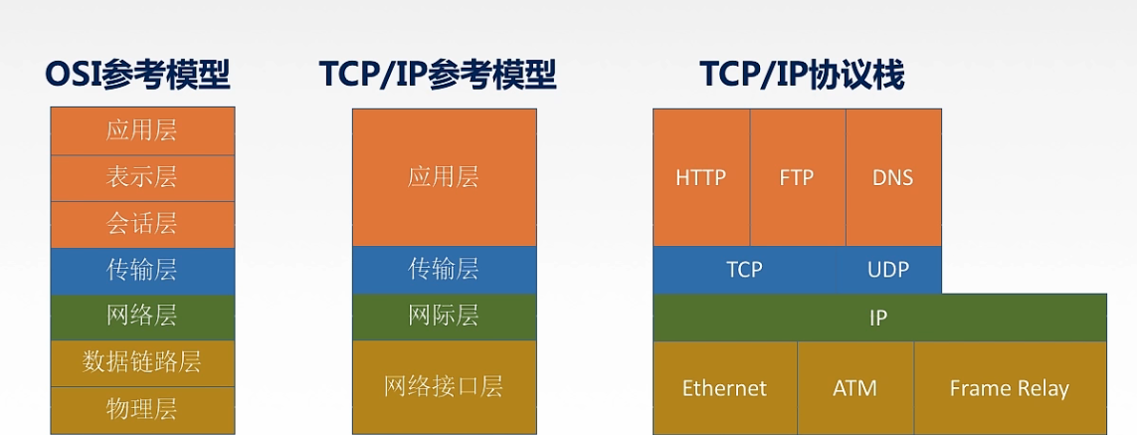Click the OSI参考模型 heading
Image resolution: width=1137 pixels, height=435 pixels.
pos(138,75)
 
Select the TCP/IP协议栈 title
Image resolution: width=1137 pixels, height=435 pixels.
pos(802,75)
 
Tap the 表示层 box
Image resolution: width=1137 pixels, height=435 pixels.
pos(142,178)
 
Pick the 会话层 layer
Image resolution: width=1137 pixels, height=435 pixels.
pos(142,224)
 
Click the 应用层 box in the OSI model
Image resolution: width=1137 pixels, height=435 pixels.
pos(142,130)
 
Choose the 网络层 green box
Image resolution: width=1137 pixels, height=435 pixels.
pos(142,318)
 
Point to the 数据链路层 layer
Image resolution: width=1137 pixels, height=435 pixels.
pos(142,363)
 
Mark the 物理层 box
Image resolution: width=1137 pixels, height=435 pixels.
pos(142,410)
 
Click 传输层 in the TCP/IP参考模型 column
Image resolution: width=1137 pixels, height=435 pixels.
pos(444,270)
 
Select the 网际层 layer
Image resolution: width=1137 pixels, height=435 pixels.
pos(444,318)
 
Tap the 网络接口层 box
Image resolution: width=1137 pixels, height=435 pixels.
pos(444,387)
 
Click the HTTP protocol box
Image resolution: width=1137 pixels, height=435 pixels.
pos(701,178)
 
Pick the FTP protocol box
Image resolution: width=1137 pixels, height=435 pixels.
pos(798,178)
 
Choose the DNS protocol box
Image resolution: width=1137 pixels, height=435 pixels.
pos(893,178)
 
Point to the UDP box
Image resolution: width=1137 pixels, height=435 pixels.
pos(888,270)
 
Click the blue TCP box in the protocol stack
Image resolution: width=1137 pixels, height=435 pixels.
pos(745,270)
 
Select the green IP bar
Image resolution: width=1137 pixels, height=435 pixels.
pos(879,318)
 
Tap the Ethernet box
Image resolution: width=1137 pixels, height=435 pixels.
pos(725,388)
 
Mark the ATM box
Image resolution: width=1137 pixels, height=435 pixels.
pos(855,388)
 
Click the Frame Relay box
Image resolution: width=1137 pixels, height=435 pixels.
pos(1010,388)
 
